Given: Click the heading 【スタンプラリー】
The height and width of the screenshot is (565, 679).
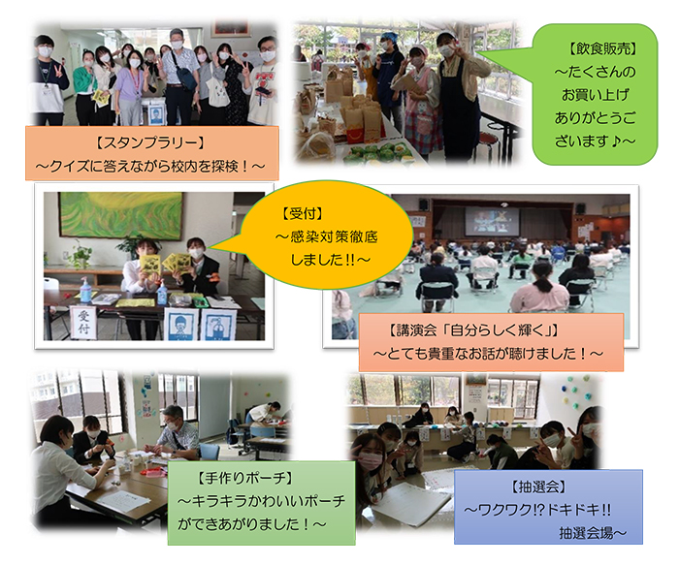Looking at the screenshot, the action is point(149,142).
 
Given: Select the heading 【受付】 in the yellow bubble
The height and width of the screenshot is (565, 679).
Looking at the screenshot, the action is point(303,214).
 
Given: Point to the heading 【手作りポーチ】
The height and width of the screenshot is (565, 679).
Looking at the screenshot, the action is point(245,479).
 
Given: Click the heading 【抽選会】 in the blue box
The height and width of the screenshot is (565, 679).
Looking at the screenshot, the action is point(538,487).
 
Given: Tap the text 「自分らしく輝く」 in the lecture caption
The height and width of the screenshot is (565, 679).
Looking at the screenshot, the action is point(502,330).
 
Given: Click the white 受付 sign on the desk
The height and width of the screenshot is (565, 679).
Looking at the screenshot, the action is point(83,323).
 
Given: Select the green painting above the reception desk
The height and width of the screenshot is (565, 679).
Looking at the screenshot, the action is point(120,215).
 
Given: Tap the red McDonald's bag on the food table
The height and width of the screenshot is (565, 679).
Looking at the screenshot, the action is point(363,126).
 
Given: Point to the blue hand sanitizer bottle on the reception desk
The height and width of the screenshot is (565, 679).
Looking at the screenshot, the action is point(162,293).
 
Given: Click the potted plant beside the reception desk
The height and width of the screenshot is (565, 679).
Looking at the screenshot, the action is point(80,256).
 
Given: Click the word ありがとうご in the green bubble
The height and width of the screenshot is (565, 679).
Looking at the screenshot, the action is point(595,118).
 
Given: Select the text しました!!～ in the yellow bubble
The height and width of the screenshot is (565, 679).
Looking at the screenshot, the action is point(330,260).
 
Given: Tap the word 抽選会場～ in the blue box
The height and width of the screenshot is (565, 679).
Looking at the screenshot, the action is point(593,533).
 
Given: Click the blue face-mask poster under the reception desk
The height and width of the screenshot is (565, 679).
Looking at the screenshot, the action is point(181,324).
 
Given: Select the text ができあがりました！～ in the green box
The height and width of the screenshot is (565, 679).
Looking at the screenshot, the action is point(251,524).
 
